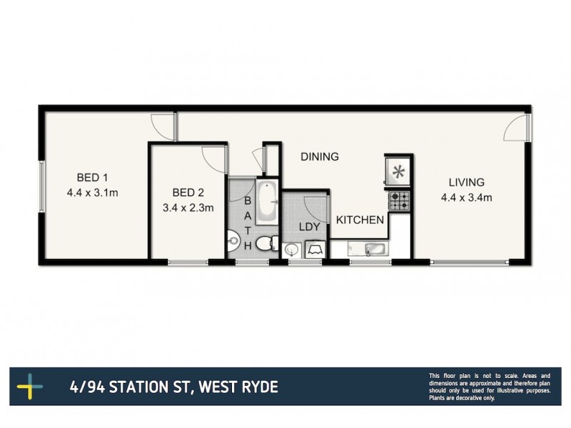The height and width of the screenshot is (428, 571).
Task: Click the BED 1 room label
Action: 92,178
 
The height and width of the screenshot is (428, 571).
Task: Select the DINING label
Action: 318,157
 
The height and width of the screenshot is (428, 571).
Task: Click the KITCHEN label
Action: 360,220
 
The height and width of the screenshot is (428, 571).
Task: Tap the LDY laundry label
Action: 308,227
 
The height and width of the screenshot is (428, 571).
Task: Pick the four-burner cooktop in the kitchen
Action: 398,200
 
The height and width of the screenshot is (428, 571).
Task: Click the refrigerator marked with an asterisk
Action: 398,171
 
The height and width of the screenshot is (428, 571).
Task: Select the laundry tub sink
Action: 291,250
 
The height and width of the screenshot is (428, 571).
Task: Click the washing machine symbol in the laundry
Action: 315,250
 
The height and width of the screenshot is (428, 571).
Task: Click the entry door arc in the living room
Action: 516,128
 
